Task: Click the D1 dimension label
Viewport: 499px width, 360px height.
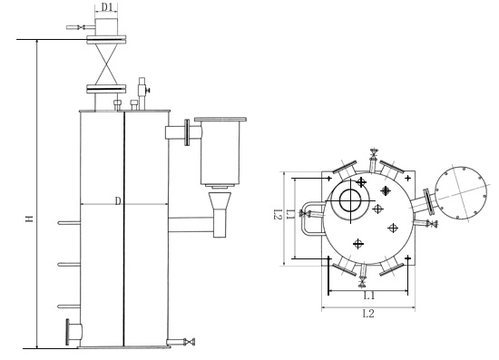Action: pos(107,7)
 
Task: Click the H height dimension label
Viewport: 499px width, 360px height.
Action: pos(30,219)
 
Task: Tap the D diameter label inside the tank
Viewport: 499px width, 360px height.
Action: pos(118,200)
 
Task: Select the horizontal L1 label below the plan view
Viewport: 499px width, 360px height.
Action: pos(369,296)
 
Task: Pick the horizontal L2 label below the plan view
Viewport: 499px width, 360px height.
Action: pos(368,314)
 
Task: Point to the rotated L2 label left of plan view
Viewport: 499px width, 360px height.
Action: pos(278,214)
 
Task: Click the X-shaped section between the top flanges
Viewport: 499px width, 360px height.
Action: pos(106,63)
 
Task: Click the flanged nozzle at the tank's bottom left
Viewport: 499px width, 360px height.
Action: pos(73,332)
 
